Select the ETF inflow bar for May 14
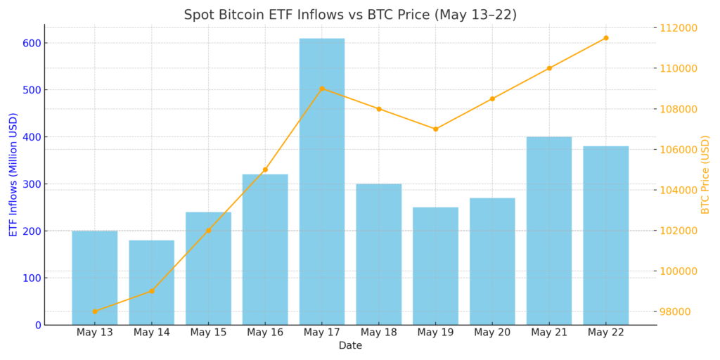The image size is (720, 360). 151,282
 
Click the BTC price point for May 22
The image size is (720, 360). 605,38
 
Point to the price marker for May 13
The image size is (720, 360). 95,311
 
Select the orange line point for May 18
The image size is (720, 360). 378,109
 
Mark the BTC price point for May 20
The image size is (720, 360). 492,98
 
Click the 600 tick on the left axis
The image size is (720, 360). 31,43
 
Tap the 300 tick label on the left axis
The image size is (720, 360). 31,184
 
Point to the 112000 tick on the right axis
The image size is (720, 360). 678,28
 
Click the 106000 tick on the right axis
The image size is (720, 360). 678,150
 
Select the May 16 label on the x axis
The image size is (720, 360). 265,333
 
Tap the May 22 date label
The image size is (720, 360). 605,333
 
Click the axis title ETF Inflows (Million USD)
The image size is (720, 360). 13,174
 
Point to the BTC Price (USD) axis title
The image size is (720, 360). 705,174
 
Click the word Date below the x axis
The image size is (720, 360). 350,346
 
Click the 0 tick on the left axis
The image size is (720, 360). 38,325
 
